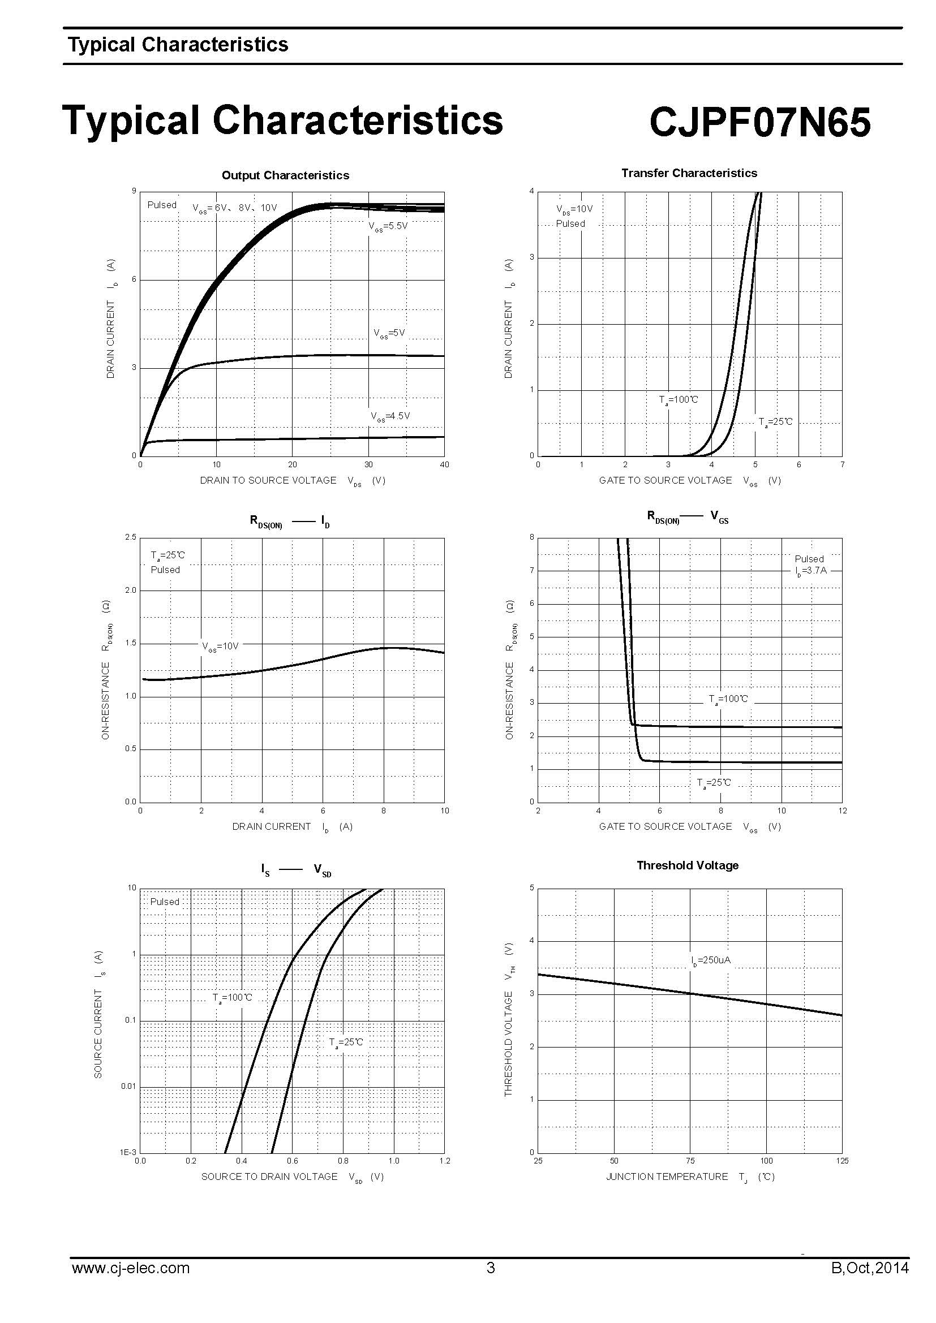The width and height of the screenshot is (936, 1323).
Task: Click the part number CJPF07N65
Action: click(759, 122)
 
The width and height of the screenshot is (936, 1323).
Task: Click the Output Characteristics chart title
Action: click(285, 175)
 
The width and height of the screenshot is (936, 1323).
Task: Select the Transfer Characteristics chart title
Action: click(689, 173)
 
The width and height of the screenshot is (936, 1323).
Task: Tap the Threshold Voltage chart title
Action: click(687, 865)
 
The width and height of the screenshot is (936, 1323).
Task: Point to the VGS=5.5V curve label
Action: click(388, 226)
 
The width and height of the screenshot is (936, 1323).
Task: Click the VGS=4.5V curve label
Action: click(390, 416)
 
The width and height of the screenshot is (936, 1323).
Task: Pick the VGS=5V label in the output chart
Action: click(389, 333)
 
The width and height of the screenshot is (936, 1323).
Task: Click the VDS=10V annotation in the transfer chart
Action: click(574, 209)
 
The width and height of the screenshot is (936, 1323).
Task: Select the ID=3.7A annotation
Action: click(810, 571)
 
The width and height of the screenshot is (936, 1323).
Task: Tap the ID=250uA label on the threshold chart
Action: click(711, 960)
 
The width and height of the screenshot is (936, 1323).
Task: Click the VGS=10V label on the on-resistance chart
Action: click(220, 647)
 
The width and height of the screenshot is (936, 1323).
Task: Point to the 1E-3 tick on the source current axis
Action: click(128, 1152)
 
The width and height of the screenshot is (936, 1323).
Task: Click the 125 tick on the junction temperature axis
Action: click(841, 1161)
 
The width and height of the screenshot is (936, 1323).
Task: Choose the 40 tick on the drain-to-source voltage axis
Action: click(444, 464)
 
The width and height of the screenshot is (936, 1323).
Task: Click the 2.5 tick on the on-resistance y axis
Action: click(130, 537)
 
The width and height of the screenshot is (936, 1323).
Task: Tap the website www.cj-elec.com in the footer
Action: click(130, 1268)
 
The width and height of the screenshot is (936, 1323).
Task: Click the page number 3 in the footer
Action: click(491, 1268)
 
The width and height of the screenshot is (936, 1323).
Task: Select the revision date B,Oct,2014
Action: click(870, 1268)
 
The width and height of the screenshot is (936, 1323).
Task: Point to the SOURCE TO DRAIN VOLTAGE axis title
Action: click(269, 1177)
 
